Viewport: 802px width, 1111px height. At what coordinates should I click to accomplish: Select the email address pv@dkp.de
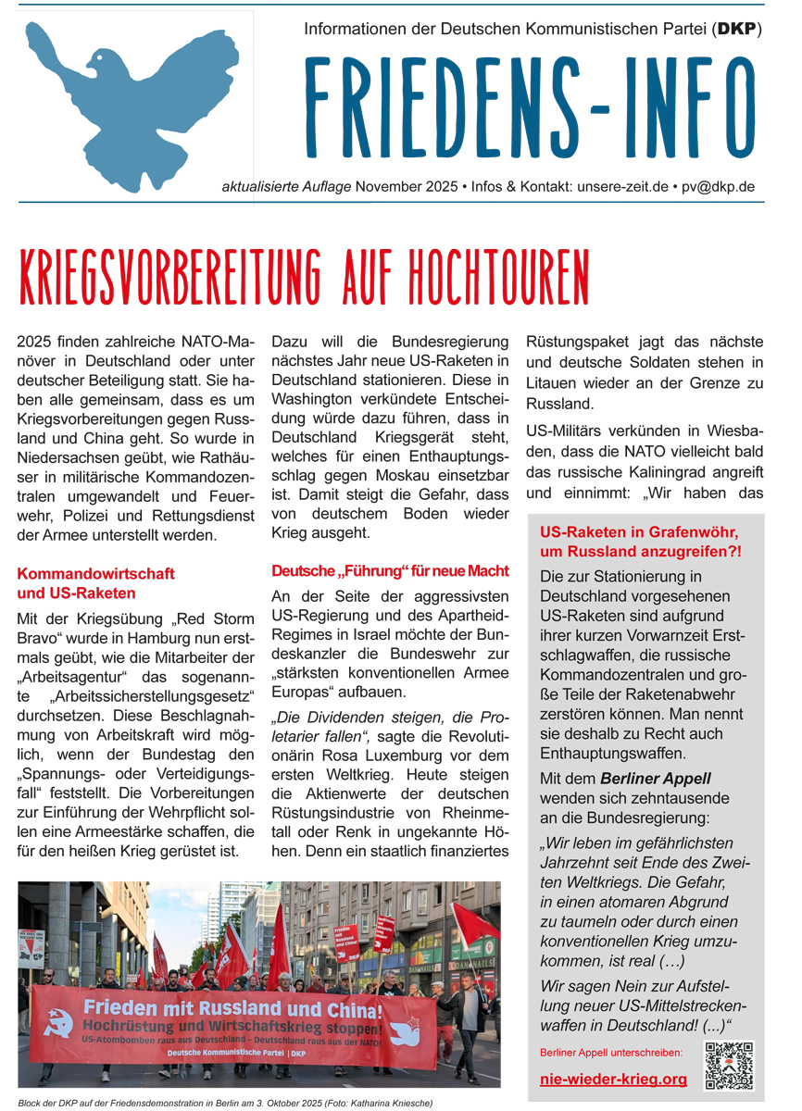pos(718,186)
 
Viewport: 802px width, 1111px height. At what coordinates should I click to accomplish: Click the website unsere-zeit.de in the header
pos(611,186)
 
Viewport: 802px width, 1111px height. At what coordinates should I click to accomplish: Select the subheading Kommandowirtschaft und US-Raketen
pos(95,583)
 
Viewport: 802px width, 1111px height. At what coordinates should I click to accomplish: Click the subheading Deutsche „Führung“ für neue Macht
pos(390,570)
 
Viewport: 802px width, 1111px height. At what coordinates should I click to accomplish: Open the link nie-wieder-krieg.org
pos(613,1079)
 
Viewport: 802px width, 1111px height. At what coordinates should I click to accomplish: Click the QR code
pos(729,1066)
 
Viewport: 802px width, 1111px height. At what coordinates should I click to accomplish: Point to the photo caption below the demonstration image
pos(224,1103)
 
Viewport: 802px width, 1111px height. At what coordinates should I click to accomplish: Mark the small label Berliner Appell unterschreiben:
pos(610,1053)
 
